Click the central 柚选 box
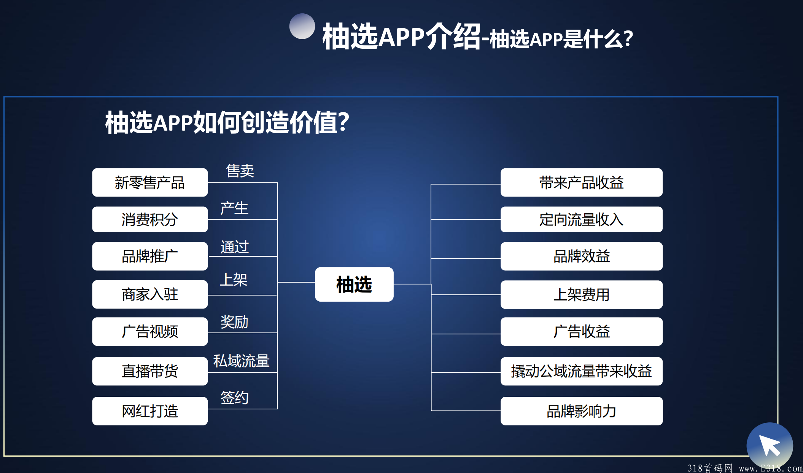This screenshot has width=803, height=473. click(x=354, y=284)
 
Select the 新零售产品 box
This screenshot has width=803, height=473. click(x=150, y=182)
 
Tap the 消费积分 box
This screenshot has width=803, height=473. click(x=150, y=219)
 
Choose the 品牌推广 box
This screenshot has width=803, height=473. click(x=150, y=256)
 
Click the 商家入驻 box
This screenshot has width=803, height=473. click(x=150, y=294)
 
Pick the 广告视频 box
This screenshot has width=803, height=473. click(x=150, y=331)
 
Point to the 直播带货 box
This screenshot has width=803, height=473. click(x=150, y=371)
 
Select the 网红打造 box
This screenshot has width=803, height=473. click(x=150, y=411)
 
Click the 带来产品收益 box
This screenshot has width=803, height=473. click(x=582, y=182)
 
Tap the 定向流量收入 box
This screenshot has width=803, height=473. click(x=582, y=219)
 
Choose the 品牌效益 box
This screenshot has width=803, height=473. click(x=582, y=256)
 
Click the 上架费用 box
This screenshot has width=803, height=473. click(x=582, y=294)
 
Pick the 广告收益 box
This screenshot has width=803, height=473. click(x=582, y=331)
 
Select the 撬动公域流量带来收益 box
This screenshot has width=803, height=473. click(x=582, y=371)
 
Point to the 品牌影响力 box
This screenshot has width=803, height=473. click(x=582, y=411)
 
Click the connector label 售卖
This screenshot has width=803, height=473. click(x=240, y=171)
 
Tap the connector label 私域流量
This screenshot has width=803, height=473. click(x=241, y=361)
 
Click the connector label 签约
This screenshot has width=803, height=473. click(x=234, y=398)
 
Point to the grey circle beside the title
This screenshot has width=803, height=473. click(x=302, y=26)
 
